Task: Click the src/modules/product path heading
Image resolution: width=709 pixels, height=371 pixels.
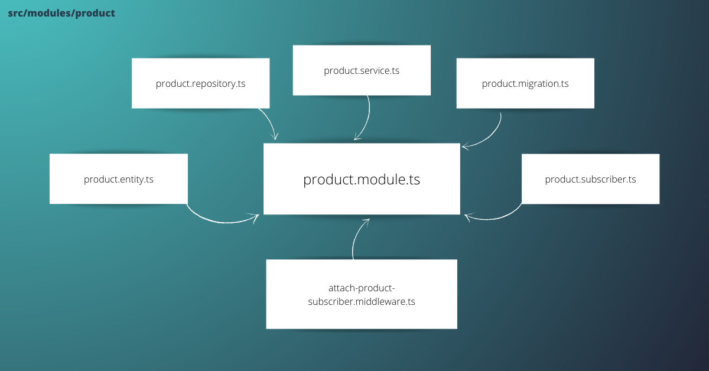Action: [61, 13]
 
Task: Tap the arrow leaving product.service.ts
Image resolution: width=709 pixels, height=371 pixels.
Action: [366, 121]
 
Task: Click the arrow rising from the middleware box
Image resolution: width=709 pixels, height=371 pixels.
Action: [356, 236]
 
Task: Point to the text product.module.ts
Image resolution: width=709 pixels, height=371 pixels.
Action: [362, 180]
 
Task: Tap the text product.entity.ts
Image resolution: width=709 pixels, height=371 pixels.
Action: [118, 179]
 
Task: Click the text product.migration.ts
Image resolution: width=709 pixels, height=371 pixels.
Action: [525, 84]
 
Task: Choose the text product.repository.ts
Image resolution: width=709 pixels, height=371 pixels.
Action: [200, 84]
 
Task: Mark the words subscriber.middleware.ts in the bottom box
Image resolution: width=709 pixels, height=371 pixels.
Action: [362, 301]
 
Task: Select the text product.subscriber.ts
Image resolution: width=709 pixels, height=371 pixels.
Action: [590, 179]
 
